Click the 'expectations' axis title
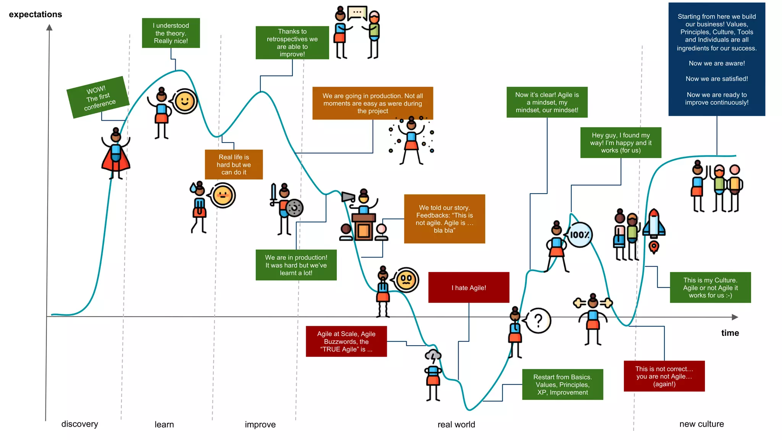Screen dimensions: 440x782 click(36, 15)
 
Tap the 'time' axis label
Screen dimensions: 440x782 click(730, 333)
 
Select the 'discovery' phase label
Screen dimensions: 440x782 click(79, 424)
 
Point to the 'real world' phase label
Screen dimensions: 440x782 click(456, 424)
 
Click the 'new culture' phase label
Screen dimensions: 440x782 click(701, 424)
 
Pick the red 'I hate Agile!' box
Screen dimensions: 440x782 click(469, 288)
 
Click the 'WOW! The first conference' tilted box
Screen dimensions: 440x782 click(98, 97)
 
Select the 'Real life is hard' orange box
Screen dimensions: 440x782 click(234, 165)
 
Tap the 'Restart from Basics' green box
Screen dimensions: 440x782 click(562, 385)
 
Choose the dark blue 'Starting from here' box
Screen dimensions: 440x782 click(717, 59)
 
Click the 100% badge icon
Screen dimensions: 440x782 click(580, 235)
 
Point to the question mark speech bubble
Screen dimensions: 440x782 click(538, 320)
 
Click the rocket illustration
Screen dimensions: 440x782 click(654, 225)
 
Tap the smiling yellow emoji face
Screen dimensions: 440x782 click(185, 102)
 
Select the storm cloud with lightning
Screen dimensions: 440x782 click(433, 357)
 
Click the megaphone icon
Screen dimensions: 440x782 click(347, 197)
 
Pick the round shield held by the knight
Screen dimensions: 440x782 click(294, 208)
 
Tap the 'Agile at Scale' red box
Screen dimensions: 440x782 click(346, 341)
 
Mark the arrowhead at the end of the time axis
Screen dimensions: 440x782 click(735, 317)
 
